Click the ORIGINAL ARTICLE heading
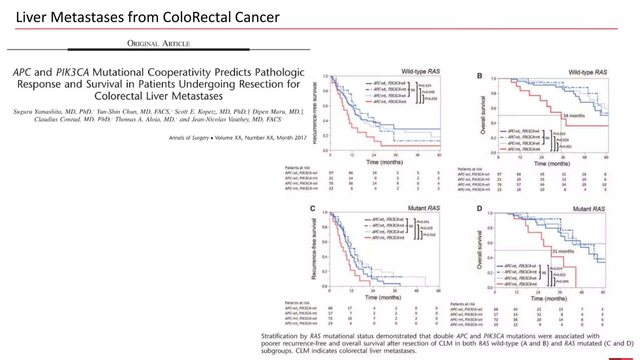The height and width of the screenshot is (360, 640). pos(158,43)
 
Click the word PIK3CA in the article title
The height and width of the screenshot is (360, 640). pos(72,72)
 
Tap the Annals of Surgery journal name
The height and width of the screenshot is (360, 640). pos(189,138)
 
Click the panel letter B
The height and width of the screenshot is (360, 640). pos(479,76)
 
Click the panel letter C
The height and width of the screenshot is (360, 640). pos(312,208)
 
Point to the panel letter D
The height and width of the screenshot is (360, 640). pos(479,208)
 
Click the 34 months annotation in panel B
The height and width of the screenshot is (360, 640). pos(574,116)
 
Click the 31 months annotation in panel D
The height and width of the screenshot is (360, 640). pos(563,251)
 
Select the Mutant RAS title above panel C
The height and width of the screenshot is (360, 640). pos(424,208)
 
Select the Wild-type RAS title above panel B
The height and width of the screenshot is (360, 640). pos(587,72)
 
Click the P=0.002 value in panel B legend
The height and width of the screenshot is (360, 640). pos(565,147)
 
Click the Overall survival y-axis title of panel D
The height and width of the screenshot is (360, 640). pos(479,250)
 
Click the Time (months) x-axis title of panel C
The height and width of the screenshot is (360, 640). pos(383,297)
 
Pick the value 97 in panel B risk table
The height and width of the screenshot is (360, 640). pos(499,174)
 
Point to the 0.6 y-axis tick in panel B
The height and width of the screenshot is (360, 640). pos(493,108)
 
